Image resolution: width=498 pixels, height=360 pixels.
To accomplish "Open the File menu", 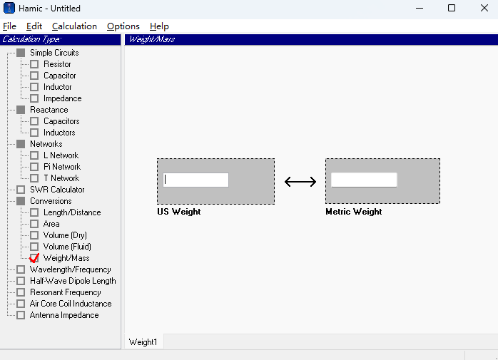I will (9, 26).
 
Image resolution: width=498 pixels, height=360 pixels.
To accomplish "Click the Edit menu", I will (34, 26).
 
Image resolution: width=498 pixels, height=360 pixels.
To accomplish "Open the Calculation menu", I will (74, 26).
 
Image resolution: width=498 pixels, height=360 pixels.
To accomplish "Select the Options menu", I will (123, 26).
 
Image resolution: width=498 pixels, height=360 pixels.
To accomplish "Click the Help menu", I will (159, 26).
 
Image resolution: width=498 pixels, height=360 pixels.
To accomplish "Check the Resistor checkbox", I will (34, 64).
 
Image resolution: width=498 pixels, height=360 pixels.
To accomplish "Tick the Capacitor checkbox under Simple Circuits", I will (34, 76).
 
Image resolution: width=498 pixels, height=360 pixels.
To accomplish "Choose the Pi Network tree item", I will (61, 167).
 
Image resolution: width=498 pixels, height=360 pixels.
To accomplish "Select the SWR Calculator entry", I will (57, 190).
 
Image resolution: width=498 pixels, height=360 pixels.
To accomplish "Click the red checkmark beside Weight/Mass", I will (34, 258).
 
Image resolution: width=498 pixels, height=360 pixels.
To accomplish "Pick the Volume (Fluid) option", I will (67, 247).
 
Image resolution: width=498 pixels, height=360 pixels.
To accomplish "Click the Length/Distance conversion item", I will (71, 212).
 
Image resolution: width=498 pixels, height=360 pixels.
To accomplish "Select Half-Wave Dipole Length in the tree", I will (72, 281).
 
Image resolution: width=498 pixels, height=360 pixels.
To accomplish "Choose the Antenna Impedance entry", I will (63, 315).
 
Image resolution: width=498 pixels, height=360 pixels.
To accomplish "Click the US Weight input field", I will (196, 180).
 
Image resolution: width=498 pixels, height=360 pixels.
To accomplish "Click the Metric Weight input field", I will (364, 180).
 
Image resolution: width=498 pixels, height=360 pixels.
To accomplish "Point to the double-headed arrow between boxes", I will (300, 182).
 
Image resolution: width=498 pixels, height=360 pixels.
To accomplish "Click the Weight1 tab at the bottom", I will (143, 342).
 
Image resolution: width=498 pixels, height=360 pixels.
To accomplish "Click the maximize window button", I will (452, 9).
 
